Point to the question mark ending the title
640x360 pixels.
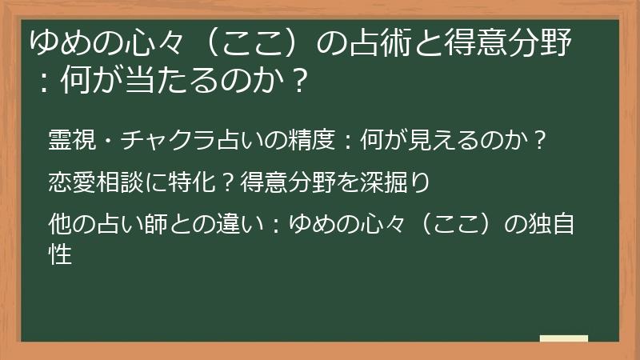[299, 80]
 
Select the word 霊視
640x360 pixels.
[72, 139]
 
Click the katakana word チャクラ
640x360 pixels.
[168, 139]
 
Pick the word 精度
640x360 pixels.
[312, 139]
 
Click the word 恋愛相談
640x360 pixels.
[96, 182]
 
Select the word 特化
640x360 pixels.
[192, 182]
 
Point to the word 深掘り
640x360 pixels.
[394, 182]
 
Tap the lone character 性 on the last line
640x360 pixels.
[60, 254]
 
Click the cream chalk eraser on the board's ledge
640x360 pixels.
[564, 338]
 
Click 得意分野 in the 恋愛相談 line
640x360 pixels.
[288, 182]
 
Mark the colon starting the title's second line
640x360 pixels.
[44, 82]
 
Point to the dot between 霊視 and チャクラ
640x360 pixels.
[108, 141]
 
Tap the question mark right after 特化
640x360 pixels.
[227, 182]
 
